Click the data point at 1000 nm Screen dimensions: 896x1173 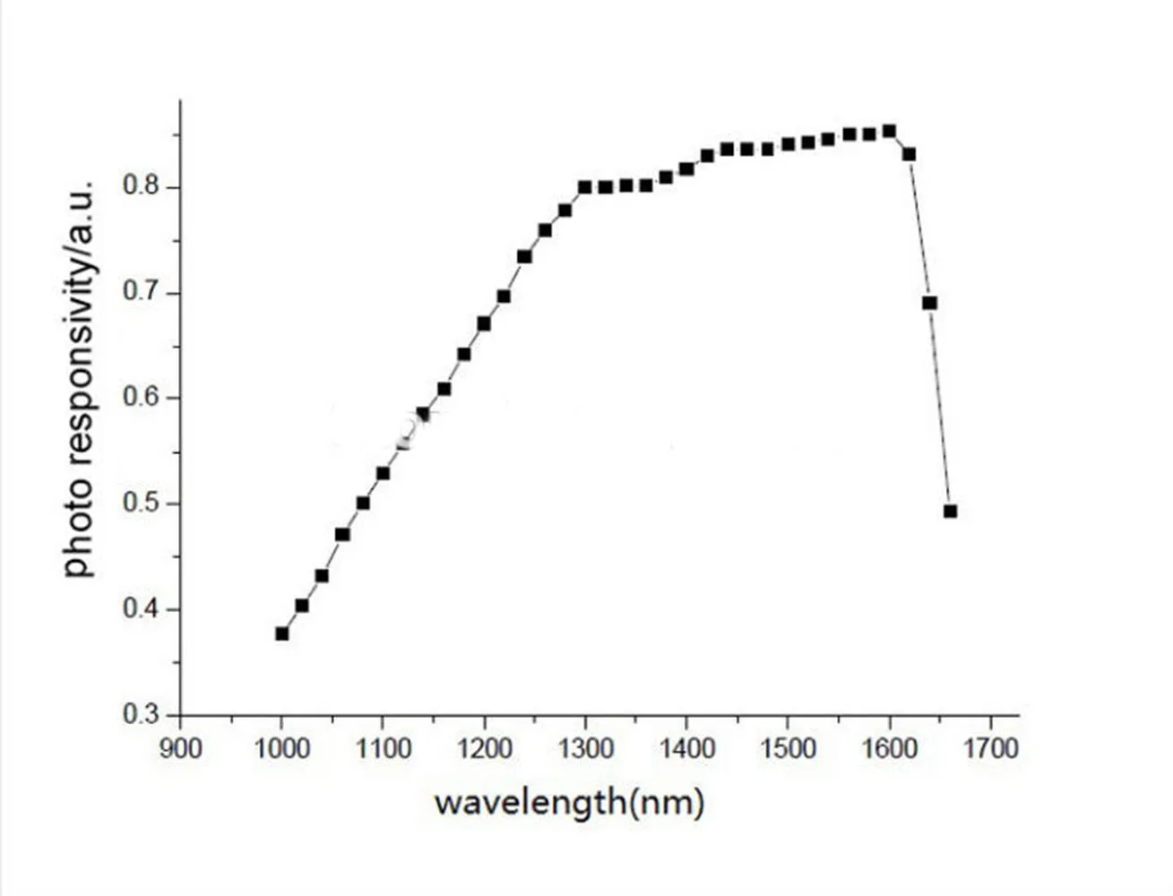[x=282, y=633]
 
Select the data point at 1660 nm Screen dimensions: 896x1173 [x=950, y=512]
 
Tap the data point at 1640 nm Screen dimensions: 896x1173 [x=929, y=303]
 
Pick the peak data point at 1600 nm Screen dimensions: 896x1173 [x=889, y=131]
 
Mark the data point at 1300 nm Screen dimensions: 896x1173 [x=585, y=187]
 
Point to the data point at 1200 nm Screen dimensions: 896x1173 [x=484, y=323]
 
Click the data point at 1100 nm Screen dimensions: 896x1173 [x=383, y=473]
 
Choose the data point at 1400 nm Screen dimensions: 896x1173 [x=686, y=169]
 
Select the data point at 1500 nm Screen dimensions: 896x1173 [x=788, y=144]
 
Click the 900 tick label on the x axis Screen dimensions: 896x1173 [x=180, y=747]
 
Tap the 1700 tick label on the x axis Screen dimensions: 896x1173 [x=990, y=747]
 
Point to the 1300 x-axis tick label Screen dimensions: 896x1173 [x=585, y=747]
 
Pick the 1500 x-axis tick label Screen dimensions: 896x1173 [x=788, y=747]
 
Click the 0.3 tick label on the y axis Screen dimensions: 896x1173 [x=141, y=715]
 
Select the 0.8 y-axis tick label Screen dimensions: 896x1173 [x=141, y=187]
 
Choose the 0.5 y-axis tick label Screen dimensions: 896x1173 [x=141, y=504]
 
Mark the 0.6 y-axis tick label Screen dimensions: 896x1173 [x=141, y=398]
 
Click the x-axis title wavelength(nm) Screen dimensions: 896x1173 [x=569, y=802]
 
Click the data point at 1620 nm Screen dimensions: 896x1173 [x=909, y=154]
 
